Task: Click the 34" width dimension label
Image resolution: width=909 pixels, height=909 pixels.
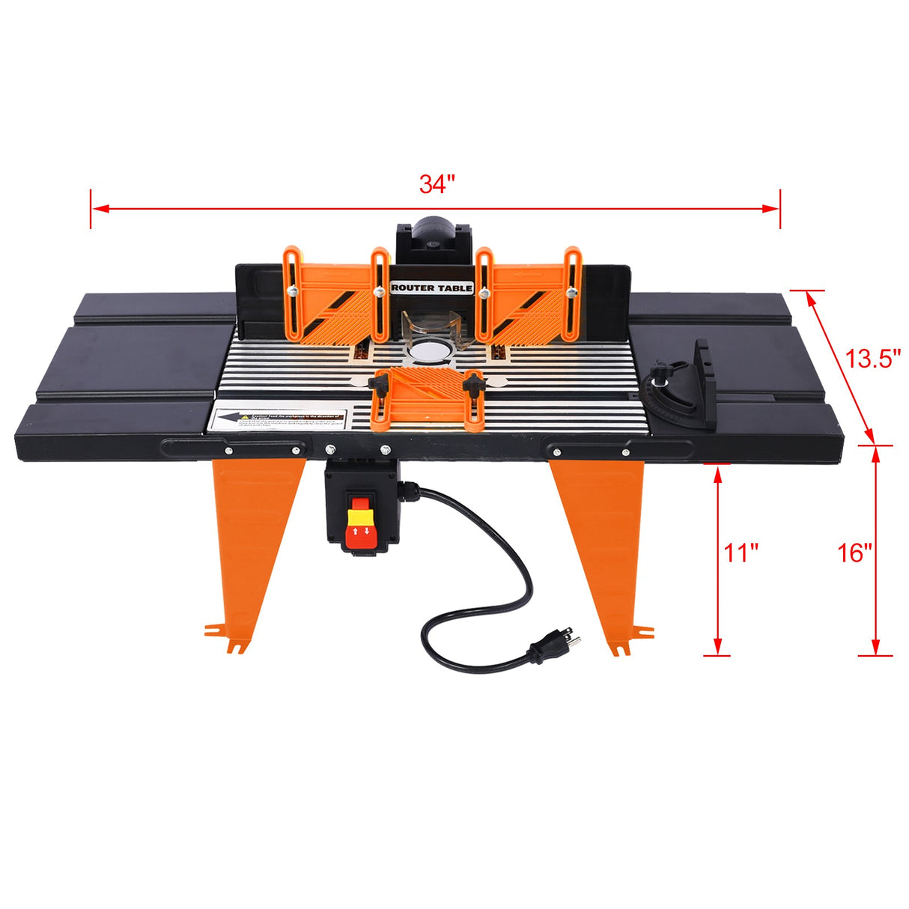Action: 437,184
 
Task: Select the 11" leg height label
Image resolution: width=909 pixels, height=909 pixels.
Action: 741,553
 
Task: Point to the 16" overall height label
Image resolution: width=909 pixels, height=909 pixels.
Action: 855,553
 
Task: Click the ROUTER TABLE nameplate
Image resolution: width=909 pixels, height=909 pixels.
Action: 432,288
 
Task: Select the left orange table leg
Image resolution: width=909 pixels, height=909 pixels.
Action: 250,539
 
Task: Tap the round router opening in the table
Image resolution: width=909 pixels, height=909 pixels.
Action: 431,349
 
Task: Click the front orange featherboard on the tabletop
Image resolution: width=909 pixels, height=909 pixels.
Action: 425,398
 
